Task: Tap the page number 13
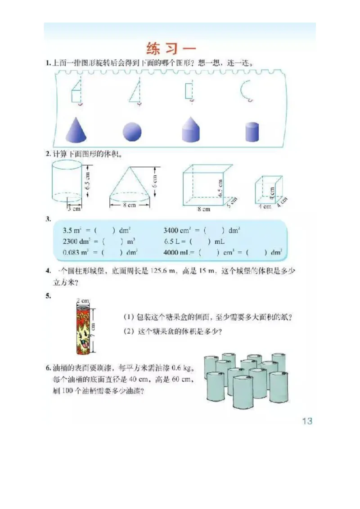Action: coord(307,421)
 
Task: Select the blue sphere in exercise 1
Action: coord(132,132)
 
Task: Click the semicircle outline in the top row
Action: coord(246,89)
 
